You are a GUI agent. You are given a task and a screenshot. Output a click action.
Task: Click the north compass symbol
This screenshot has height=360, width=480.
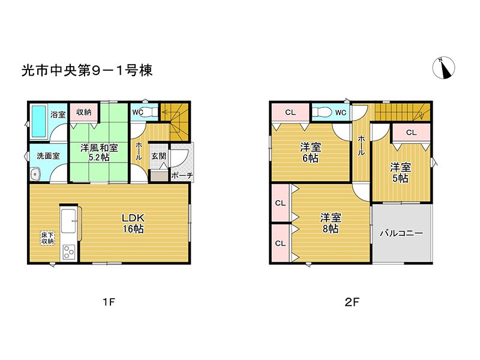click(443, 68)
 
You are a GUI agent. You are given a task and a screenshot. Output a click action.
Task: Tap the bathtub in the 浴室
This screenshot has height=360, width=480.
click(39, 122)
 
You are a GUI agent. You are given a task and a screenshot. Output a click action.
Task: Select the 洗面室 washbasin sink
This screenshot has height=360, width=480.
click(35, 175)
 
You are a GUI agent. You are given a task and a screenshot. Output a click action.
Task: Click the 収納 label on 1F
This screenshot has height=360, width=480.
click(84, 112)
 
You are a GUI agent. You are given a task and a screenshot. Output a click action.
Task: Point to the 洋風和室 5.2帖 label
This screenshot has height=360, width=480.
click(99, 152)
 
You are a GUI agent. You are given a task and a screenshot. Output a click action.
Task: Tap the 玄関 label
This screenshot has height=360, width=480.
click(158, 156)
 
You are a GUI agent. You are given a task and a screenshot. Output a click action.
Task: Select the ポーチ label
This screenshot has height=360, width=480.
click(182, 175)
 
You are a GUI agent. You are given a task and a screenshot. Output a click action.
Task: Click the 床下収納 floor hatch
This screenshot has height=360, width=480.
click(48, 238)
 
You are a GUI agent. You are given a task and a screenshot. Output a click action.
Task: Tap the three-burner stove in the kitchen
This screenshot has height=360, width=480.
click(69, 252)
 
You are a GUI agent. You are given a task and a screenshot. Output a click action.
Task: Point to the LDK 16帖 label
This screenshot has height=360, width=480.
click(133, 223)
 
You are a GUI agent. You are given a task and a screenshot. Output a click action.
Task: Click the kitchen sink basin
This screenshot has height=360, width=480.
click(68, 221)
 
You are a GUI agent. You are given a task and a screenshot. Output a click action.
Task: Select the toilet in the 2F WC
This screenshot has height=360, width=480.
click(323, 112)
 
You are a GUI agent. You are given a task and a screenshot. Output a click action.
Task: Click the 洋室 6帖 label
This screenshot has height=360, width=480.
click(310, 153)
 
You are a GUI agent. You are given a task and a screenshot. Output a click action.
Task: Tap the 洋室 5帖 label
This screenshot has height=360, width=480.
click(400, 173)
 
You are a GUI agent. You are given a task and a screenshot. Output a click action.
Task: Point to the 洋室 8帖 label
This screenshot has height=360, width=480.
click(331, 223)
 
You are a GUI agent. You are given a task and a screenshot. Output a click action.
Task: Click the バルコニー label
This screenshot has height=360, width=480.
click(401, 233)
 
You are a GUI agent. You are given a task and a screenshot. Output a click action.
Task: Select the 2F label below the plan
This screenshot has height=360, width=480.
click(352, 302)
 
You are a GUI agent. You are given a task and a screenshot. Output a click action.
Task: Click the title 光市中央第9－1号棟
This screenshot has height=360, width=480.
click(87, 71)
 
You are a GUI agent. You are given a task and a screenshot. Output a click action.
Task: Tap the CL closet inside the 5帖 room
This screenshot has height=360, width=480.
click(412, 132)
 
